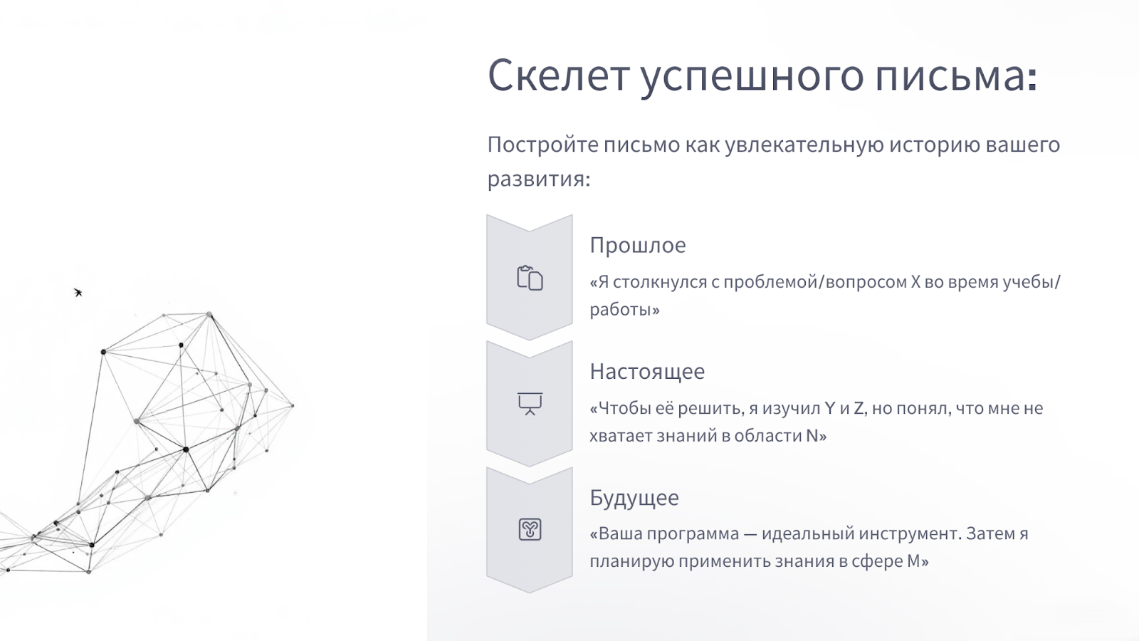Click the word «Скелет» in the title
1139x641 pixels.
(558, 75)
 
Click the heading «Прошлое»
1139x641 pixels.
(638, 245)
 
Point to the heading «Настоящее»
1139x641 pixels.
(647, 372)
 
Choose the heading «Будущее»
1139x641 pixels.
(634, 498)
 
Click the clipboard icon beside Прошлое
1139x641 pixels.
(530, 278)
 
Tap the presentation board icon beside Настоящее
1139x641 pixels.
(530, 404)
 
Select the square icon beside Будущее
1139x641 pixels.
(530, 530)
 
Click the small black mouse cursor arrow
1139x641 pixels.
(78, 292)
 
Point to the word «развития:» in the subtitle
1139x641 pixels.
(539, 179)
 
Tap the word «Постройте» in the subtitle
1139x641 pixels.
(543, 145)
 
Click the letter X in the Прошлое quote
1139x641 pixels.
(915, 282)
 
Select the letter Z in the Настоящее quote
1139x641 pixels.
(859, 408)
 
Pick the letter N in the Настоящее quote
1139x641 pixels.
(812, 435)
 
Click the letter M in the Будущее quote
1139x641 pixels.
(914, 561)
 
